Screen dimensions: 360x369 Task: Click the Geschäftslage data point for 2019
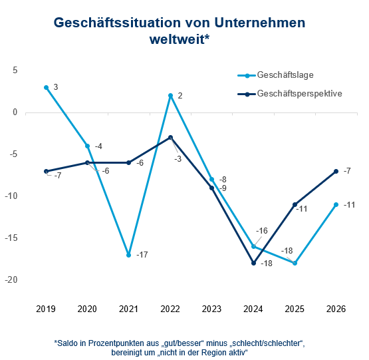click(x=46, y=87)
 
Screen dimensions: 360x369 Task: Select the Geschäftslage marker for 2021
click(x=129, y=255)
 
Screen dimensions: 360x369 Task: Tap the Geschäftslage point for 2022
click(x=171, y=96)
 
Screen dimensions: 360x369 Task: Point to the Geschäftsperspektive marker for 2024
click(x=253, y=264)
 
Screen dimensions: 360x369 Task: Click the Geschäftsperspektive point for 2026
click(x=336, y=171)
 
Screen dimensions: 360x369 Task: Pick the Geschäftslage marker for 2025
click(x=295, y=264)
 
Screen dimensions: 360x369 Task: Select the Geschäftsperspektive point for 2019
click(x=46, y=171)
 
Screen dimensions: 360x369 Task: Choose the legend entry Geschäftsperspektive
click(x=299, y=94)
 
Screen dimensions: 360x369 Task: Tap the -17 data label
click(x=142, y=255)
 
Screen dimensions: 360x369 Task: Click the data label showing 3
click(x=56, y=87)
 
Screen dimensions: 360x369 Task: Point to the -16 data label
click(x=262, y=231)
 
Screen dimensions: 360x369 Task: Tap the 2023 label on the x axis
click(x=212, y=309)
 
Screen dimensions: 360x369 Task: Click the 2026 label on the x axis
click(x=336, y=309)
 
